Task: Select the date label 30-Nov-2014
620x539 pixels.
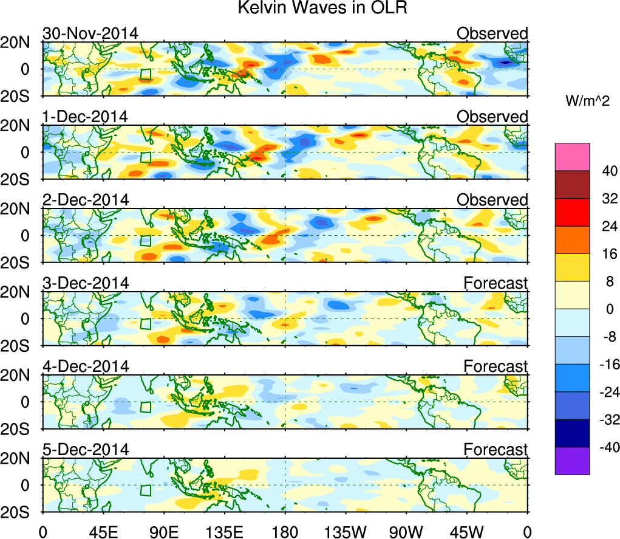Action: [90, 33]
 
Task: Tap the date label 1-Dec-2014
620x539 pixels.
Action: [86, 116]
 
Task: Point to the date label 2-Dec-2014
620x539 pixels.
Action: [86, 199]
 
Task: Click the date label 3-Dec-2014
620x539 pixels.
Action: [86, 283]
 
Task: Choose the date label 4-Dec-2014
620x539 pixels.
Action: [86, 366]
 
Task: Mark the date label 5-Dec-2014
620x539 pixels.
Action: [86, 450]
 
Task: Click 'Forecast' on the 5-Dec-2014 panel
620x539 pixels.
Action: [496, 450]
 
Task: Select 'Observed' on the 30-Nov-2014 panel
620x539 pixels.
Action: [492, 33]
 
